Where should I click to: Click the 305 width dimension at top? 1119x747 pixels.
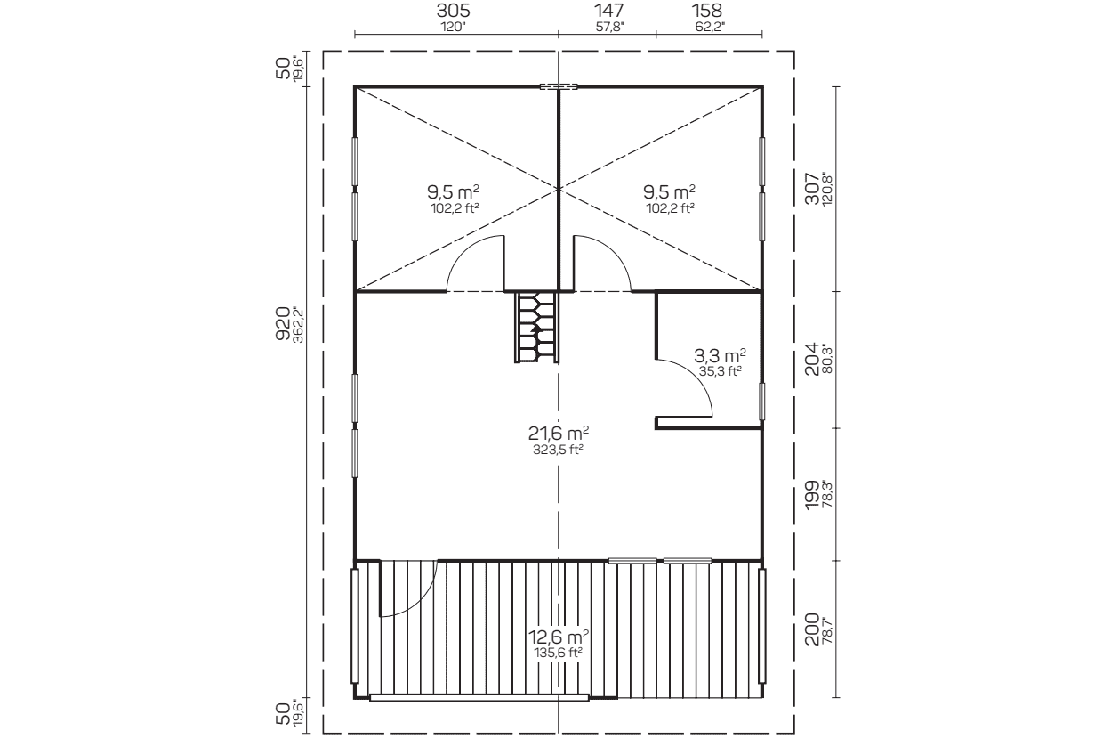click(453, 11)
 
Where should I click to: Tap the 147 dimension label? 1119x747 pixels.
click(609, 11)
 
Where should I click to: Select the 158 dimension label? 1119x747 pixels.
click(707, 11)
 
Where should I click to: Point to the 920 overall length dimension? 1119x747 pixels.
click(283, 323)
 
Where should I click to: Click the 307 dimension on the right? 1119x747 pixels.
click(812, 189)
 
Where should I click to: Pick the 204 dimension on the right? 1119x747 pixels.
click(812, 359)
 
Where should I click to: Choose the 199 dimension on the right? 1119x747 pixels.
click(812, 495)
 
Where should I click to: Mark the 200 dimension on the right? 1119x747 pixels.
click(812, 629)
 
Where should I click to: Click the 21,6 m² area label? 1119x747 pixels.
click(559, 432)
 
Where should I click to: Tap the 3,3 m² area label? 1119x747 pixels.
click(720, 355)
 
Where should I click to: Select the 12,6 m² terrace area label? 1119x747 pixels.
click(559, 637)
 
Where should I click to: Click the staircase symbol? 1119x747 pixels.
click(536, 327)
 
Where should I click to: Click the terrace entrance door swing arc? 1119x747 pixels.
click(423, 602)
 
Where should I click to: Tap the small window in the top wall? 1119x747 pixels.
click(559, 86)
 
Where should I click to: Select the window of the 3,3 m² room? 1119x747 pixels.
click(761, 402)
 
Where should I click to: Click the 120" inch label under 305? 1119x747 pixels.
click(453, 27)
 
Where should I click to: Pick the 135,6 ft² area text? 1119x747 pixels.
click(559, 653)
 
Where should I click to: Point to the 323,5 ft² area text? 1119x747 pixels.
click(559, 450)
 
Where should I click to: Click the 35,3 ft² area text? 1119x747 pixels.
click(720, 371)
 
